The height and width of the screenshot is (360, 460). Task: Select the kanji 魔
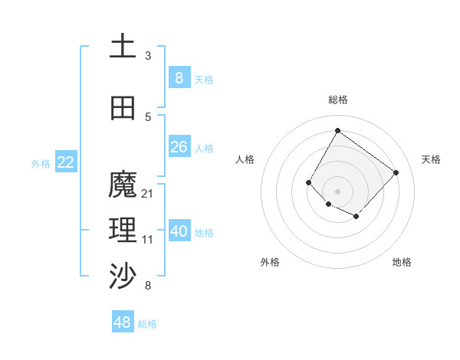pos(123,185)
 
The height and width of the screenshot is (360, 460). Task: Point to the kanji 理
pos(123,230)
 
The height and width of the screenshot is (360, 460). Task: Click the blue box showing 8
pos(179,77)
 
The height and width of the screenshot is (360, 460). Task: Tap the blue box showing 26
pos(179,147)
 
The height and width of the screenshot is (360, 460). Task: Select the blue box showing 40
pos(179,231)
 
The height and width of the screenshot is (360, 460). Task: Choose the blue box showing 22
pos(66,162)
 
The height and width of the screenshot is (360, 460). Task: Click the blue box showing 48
pos(123,322)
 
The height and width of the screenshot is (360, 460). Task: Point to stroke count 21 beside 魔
pos(148,194)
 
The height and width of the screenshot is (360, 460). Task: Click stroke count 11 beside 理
pos(148,240)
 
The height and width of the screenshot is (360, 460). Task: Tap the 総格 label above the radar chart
pos(337,100)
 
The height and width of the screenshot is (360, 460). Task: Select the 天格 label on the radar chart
pos(431,159)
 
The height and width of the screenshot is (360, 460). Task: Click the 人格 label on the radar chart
pos(245,159)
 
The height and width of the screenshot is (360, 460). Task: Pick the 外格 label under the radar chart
pos(270,262)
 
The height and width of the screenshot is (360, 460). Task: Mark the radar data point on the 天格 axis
pos(396,172)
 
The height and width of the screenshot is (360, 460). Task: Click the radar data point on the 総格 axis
pos(337,130)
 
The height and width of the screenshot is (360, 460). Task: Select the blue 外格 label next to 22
pos(41,163)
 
